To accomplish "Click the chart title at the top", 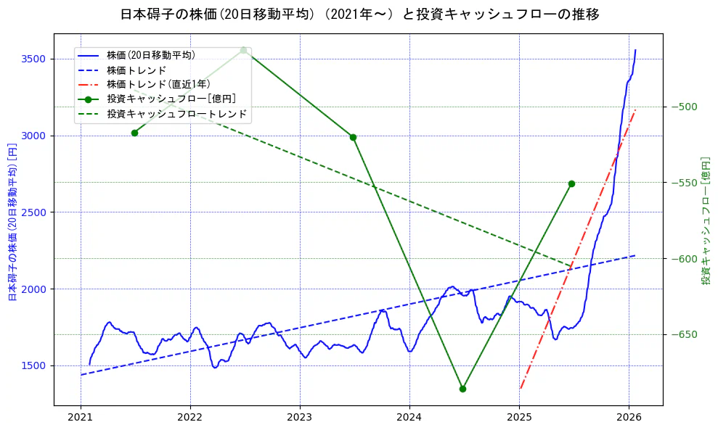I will [359, 14].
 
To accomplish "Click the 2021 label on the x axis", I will [81, 418].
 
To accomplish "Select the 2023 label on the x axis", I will [300, 418].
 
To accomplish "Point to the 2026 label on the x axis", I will [629, 418].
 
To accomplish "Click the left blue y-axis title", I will [12, 220].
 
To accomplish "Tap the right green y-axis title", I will [706, 220].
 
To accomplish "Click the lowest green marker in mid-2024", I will [462, 389].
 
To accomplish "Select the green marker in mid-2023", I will [353, 137].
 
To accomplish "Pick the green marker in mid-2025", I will [571, 183].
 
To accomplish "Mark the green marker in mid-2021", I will [134, 133].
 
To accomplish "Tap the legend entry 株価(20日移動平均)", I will [150, 54].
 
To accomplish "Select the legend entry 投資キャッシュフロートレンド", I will [177, 114].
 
